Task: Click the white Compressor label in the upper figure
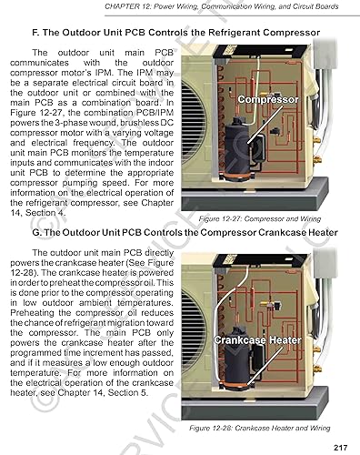(x=269, y=98)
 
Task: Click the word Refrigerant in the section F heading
(x=226, y=33)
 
